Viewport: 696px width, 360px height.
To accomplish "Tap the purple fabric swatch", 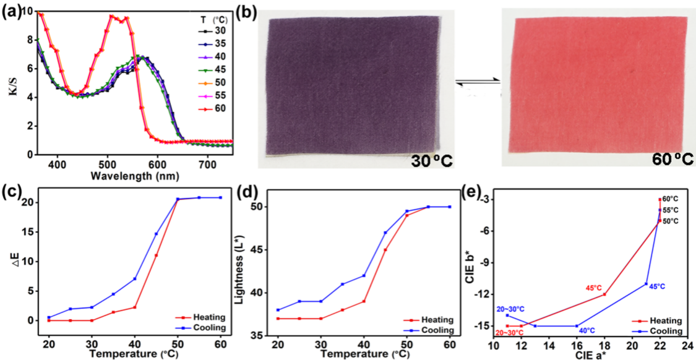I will point(350,87).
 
